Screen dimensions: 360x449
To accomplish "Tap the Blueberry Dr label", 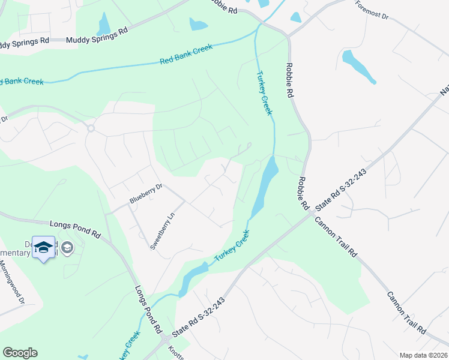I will [146, 193].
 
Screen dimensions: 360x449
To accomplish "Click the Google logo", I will [20, 353].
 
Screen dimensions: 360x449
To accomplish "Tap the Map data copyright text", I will [423, 355].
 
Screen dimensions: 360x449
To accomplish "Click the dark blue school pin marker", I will [43, 247].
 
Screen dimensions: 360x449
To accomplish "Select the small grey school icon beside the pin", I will [67, 247].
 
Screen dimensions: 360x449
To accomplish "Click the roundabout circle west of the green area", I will [91, 128].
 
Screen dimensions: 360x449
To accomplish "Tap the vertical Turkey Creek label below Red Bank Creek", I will [264, 94].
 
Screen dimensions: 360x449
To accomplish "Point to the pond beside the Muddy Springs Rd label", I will [104, 24].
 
